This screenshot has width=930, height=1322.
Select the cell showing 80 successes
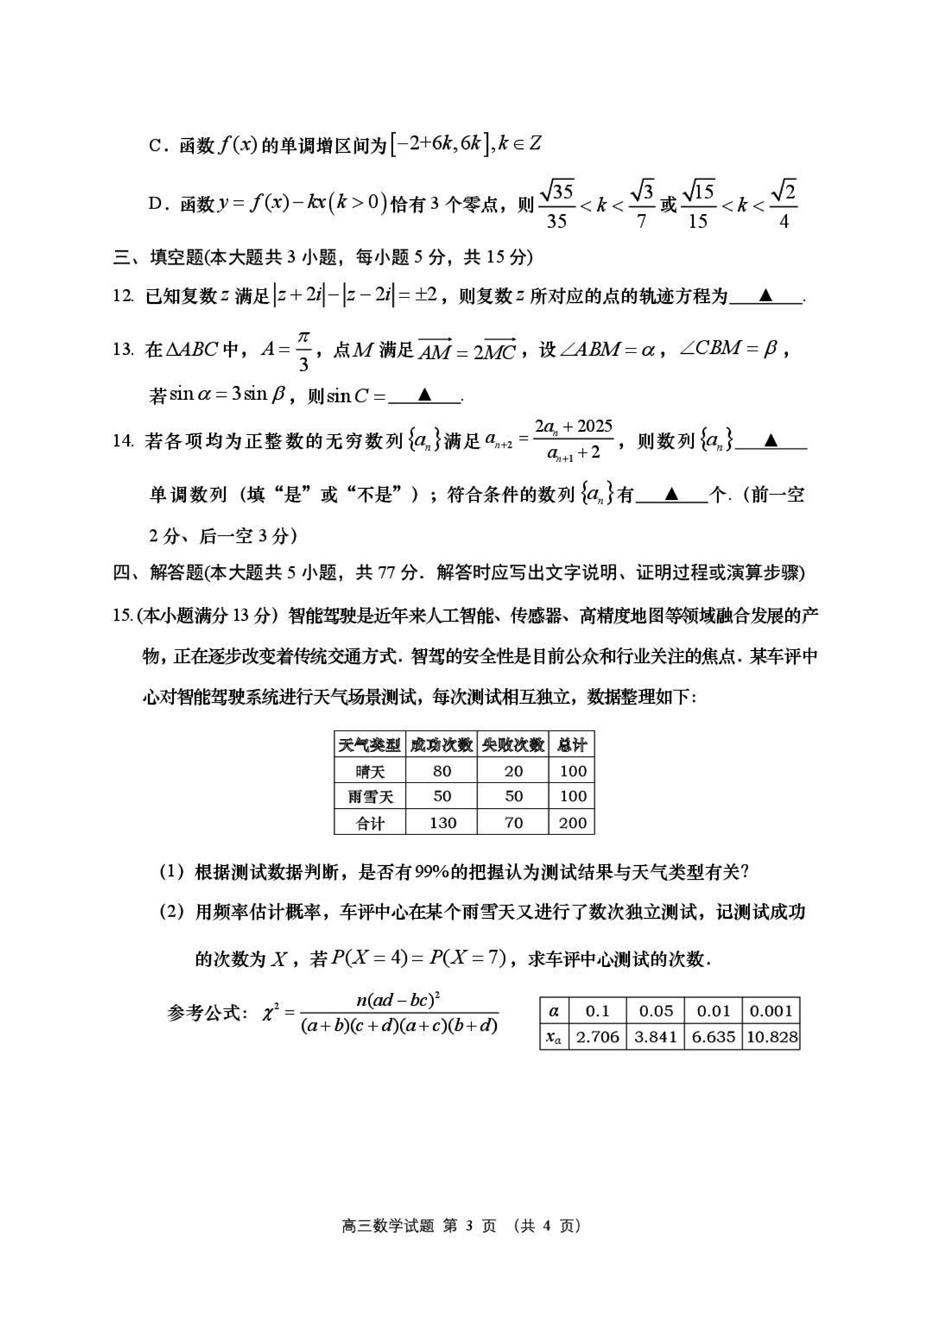442,771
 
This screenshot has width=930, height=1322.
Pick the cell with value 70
513,823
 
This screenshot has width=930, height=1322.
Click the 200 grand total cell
572,823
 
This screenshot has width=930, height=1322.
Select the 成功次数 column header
442,746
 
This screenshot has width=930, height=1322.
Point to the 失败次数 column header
513,746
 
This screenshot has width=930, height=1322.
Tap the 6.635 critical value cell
713,1037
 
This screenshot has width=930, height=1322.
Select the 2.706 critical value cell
597,1037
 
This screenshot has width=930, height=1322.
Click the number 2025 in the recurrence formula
594,427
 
